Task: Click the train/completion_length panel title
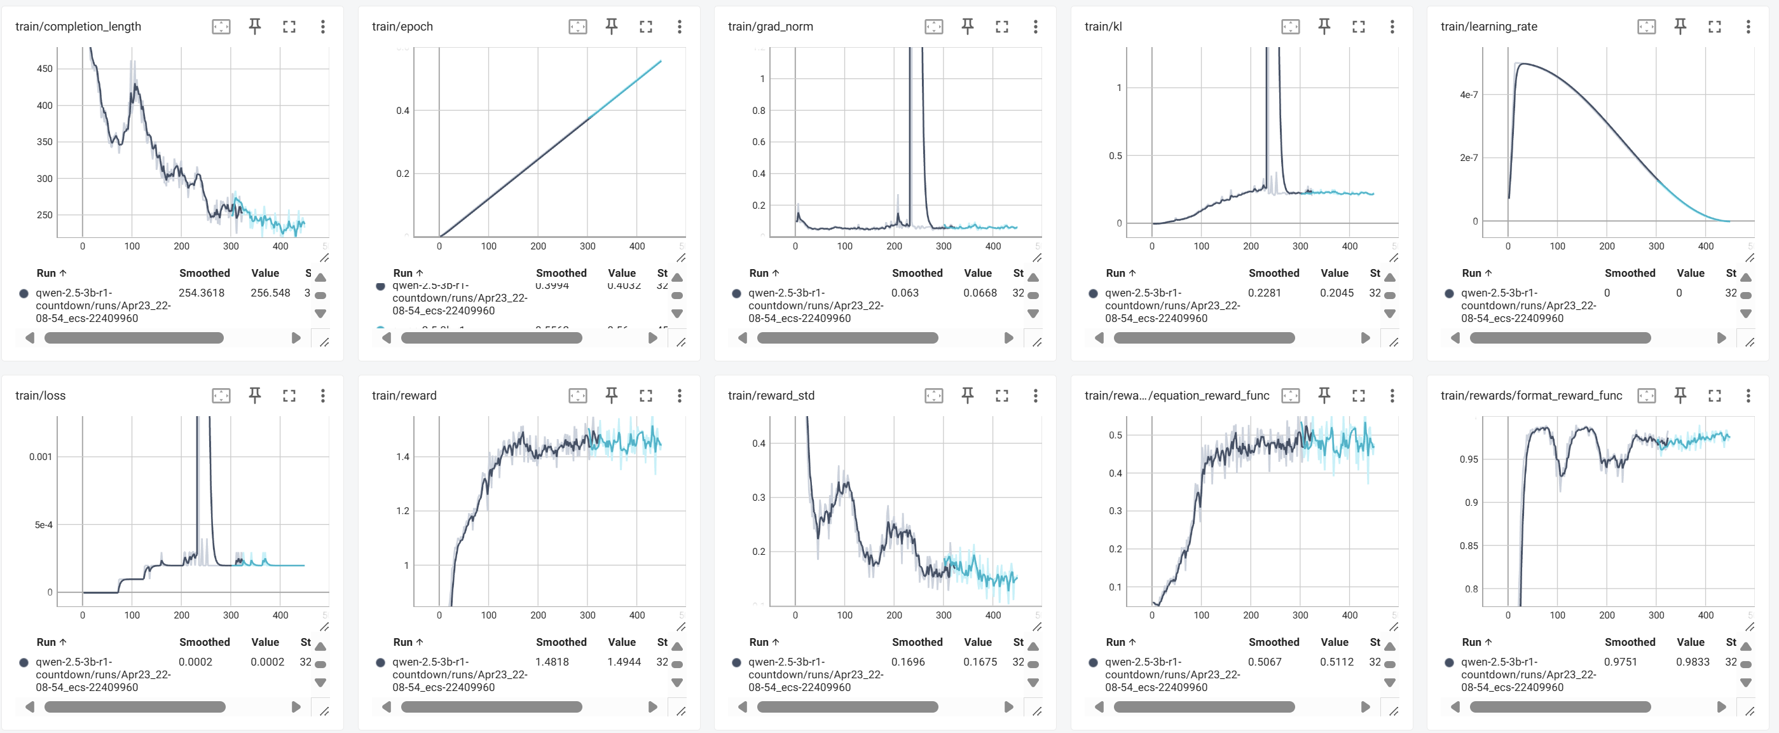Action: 78,26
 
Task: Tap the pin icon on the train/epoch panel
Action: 611,26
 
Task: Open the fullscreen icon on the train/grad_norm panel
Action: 1001,26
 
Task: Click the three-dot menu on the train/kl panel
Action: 1392,26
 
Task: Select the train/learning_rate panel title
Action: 1488,26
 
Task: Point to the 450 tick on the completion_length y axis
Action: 45,68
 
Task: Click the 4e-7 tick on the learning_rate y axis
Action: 1468,95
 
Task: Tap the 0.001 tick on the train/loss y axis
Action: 40,457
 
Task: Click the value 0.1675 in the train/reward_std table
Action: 979,661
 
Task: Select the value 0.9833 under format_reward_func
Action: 1693,661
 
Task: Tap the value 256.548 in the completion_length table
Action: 270,292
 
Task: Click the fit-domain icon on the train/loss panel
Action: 221,395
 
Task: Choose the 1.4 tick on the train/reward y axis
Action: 402,457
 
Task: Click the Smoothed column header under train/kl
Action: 1274,273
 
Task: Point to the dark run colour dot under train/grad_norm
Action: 736,293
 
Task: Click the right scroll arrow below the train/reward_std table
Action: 1008,707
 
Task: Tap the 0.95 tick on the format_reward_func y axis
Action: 1468,459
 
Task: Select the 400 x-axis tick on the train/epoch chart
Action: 636,246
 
